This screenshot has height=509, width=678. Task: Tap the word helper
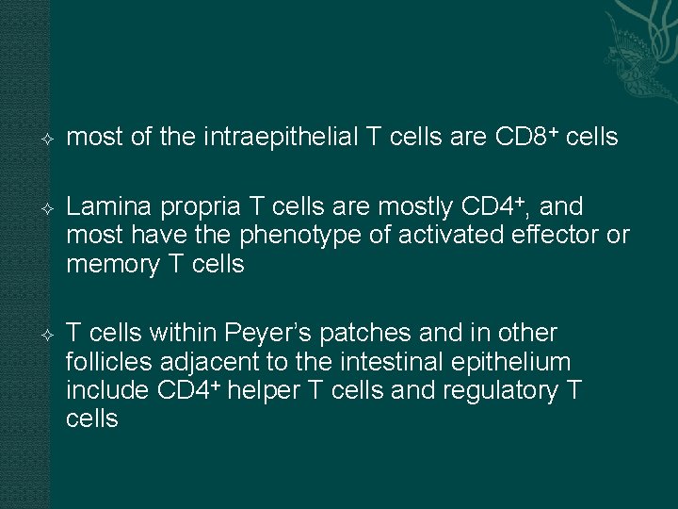(271, 390)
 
